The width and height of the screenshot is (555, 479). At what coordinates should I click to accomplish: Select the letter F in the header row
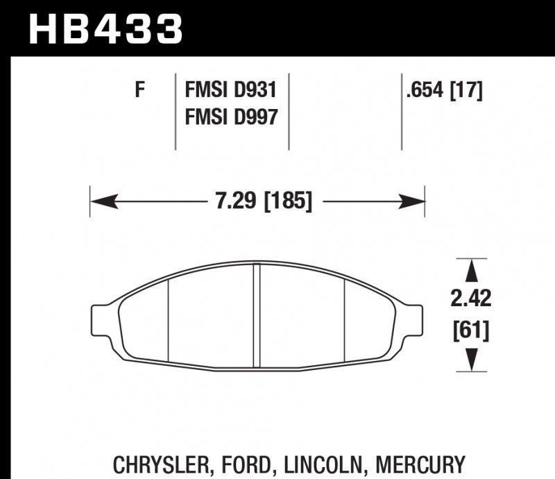tap(139, 90)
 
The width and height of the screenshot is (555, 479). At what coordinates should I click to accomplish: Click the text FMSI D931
tap(231, 90)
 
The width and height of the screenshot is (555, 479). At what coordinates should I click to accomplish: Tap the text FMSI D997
tap(231, 117)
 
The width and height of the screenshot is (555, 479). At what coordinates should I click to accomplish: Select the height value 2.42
tap(471, 299)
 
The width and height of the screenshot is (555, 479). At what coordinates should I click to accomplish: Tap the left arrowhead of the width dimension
tap(101, 202)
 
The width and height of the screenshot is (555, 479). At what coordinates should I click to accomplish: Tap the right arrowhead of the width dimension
tap(414, 202)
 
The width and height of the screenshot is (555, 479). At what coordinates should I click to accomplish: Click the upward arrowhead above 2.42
tap(471, 270)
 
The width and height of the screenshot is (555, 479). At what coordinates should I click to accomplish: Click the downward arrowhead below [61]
tap(471, 360)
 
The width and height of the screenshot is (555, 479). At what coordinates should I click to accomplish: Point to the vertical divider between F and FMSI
tap(175, 111)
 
